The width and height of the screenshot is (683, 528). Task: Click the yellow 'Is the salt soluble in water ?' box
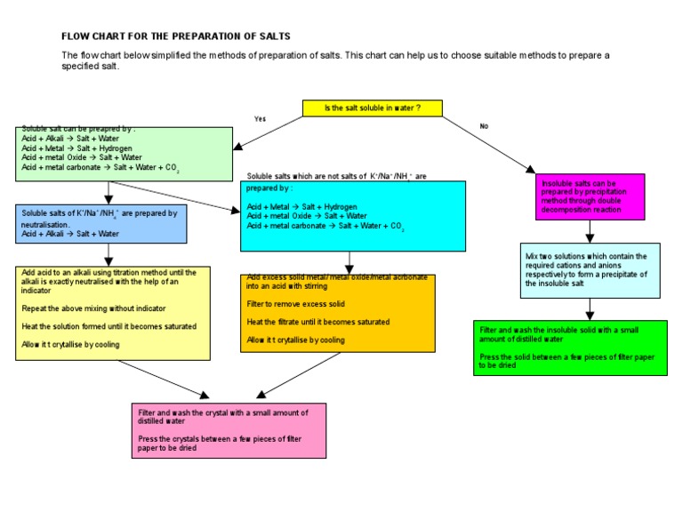pos(372,108)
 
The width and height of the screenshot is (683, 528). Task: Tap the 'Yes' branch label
pos(260,118)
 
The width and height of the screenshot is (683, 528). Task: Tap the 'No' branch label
pos(484,126)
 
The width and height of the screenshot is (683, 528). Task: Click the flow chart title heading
pos(175,36)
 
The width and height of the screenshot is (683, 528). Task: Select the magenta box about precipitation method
pos(590,196)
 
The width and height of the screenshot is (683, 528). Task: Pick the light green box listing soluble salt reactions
pos(125,154)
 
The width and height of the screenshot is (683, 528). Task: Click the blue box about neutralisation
pos(101,223)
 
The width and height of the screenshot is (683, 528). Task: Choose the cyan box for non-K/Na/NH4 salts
pos(352,216)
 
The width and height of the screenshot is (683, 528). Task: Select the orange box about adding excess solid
pos(338,313)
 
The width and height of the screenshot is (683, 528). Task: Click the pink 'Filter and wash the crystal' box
pos(228,430)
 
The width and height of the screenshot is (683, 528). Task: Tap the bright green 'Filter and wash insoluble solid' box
pos(570,348)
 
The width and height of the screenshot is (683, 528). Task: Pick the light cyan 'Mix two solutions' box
pos(591,270)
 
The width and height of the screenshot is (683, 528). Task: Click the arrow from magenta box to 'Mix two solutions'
pos(590,231)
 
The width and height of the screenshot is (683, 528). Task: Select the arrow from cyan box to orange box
pos(350,262)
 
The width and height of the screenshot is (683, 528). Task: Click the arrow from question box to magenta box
pos(488,143)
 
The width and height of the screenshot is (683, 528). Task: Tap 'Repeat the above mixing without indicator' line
pos(93,308)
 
